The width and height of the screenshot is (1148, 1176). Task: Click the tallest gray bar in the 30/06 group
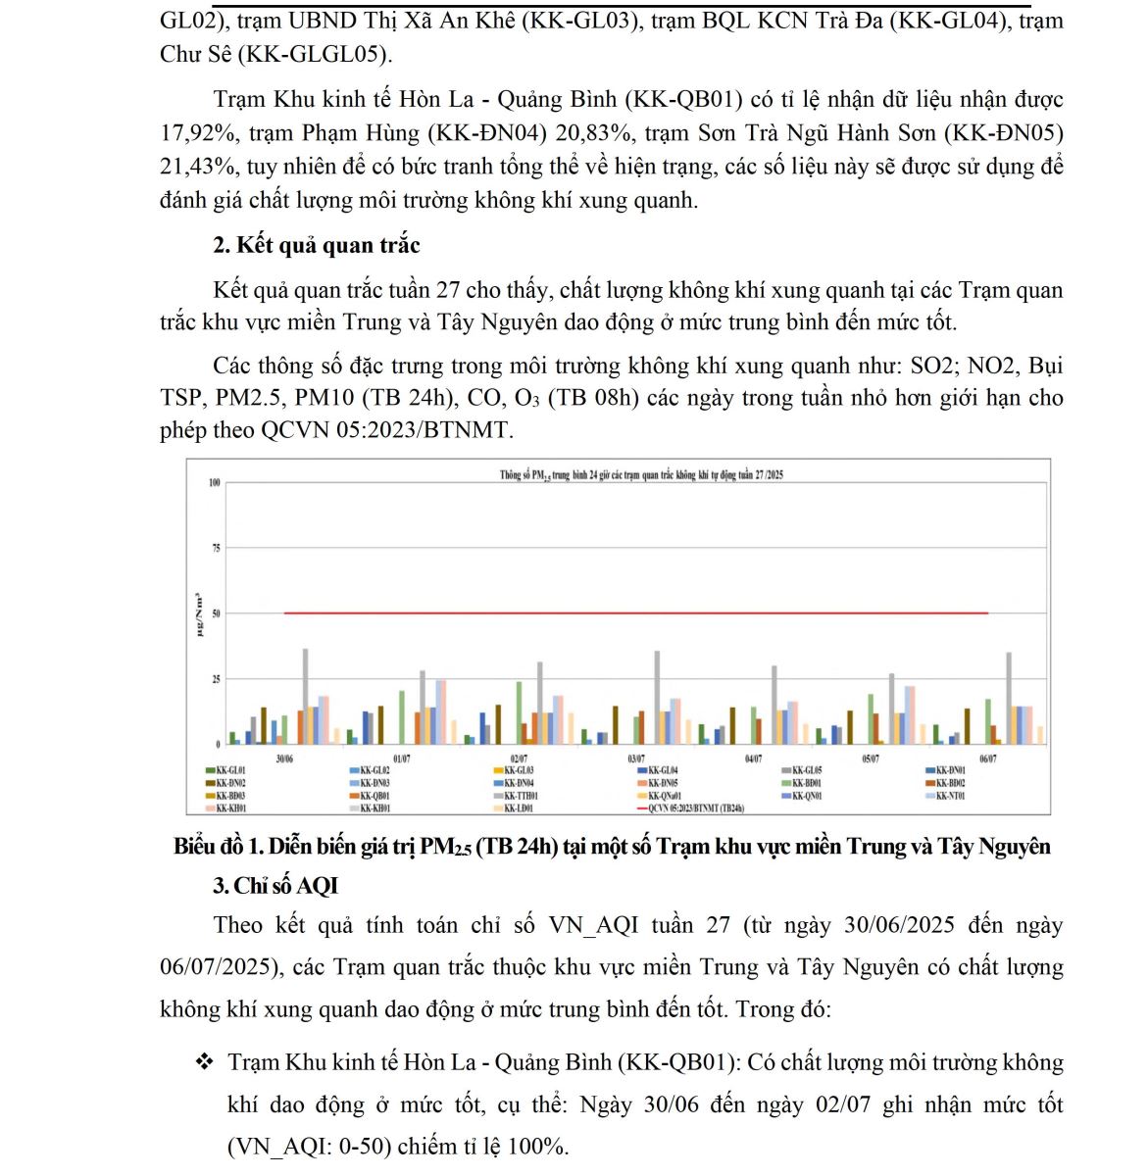[x=305, y=696]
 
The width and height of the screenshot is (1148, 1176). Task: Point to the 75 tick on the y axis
[x=216, y=549]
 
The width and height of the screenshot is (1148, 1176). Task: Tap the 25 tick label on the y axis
[x=216, y=679]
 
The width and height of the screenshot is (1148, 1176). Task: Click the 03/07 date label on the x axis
[x=635, y=759]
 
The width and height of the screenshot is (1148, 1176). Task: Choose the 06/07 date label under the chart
[x=987, y=759]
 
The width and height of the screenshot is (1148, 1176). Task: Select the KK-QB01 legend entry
[x=373, y=797]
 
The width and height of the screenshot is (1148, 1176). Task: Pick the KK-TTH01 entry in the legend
[x=520, y=797]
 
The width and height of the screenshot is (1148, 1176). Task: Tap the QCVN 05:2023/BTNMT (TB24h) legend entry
[x=694, y=809]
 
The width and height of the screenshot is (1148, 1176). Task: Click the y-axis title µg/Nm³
[x=199, y=614]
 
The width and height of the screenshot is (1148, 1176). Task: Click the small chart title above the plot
[x=641, y=475]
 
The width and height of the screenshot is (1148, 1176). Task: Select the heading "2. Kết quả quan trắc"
[x=317, y=245]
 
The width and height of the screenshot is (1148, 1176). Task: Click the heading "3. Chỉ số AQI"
[x=275, y=886]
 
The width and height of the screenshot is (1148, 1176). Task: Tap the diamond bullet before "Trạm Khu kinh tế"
[x=204, y=1062]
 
